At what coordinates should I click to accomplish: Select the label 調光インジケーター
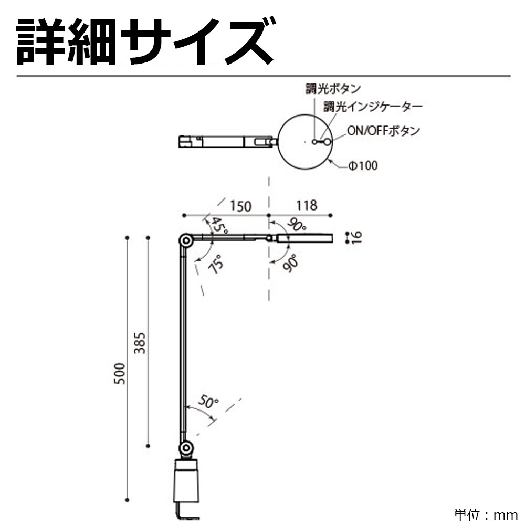(372, 107)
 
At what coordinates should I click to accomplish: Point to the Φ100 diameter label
(363, 166)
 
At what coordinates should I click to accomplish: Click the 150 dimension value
(240, 206)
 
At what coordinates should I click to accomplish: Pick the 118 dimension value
(307, 205)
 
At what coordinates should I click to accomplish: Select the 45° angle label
(219, 226)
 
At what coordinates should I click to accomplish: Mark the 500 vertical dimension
(120, 373)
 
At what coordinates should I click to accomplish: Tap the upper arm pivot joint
(185, 240)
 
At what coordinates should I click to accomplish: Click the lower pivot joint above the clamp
(185, 448)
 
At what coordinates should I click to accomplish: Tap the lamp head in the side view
(310, 238)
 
